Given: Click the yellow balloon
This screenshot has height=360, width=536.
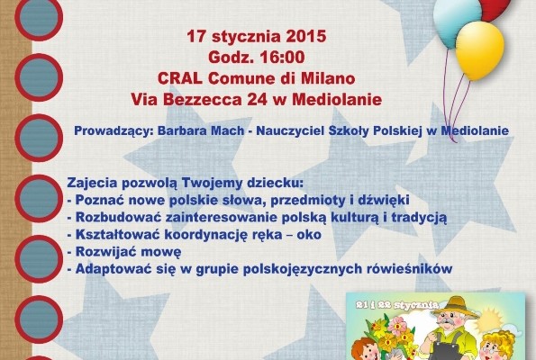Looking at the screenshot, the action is coord(479,50).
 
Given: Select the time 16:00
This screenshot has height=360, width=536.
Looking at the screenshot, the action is coord(282,57).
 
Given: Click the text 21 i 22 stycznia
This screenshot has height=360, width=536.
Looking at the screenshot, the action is coord(396,305).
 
